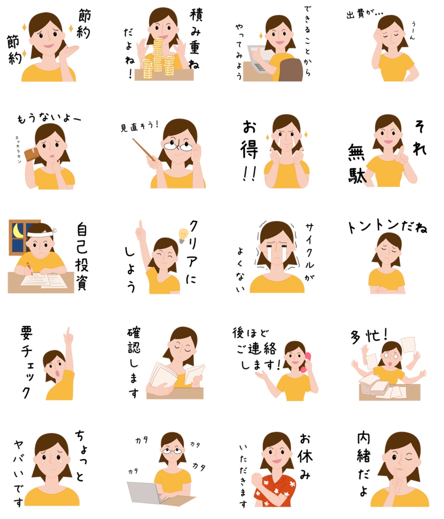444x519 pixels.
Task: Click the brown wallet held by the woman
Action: [x=32, y=154]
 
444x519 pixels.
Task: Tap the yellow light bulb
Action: [x=183, y=235]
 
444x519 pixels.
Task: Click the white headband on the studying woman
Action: [x=40, y=233]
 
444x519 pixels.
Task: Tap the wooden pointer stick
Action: [x=143, y=149]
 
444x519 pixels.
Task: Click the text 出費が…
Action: [x=364, y=14]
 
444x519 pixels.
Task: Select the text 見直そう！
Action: [x=140, y=126]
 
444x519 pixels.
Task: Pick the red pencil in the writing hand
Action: [x=29, y=269]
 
